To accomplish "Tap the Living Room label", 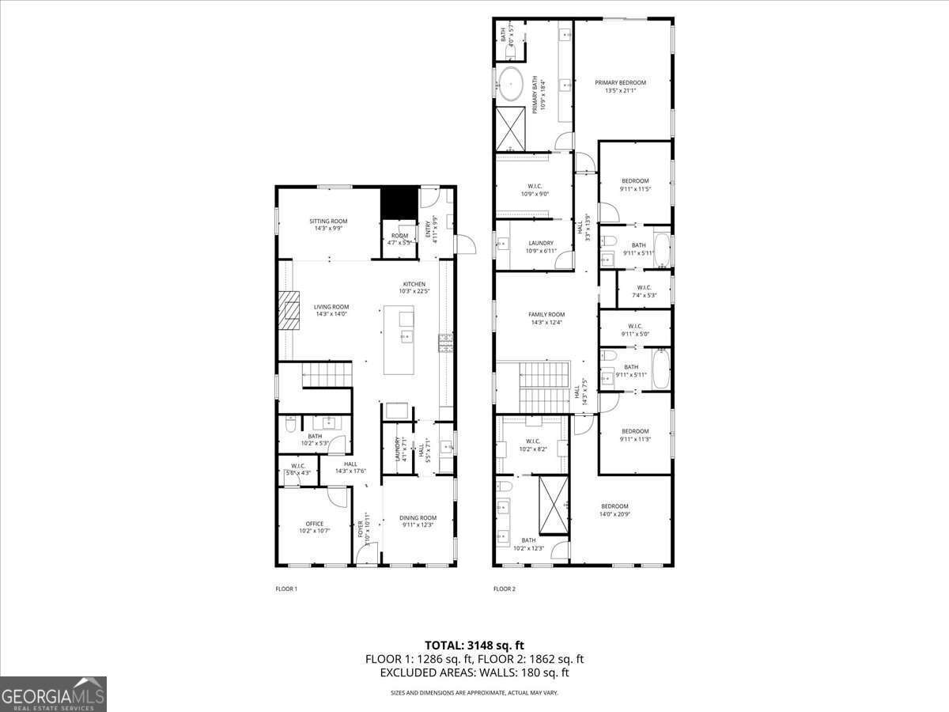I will pos(331,310).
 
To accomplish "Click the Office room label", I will pos(314,527).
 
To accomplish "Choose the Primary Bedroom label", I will pos(620,86).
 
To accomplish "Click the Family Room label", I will pos(546,318).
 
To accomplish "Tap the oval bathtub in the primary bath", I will pos(510,84).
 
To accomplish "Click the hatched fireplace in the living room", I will pos(289,310).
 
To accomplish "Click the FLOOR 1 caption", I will pos(285,589).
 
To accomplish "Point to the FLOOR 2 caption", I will pos(504,589).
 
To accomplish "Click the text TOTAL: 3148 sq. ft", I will pos(475,645).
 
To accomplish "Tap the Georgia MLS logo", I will pos(53,694).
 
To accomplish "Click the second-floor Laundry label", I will pos(540,247).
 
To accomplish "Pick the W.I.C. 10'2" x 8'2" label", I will pos(531,445).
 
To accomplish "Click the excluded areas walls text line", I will pos(475,673).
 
